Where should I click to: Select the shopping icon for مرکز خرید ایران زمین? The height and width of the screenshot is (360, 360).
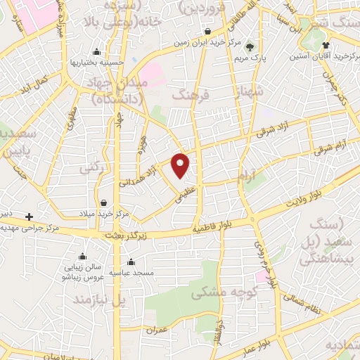(209, 32)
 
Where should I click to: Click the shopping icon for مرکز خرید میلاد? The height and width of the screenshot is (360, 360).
(103, 202)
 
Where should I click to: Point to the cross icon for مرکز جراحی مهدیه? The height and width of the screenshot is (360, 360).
(29, 217)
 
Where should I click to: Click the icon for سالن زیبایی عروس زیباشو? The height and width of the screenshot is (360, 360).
(83, 256)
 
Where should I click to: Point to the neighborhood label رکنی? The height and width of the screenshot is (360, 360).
(91, 169)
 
